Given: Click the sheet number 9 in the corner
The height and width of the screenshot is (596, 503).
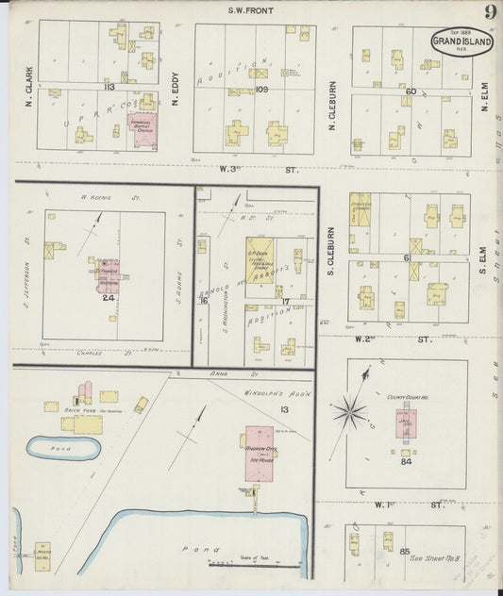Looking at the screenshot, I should [x=491, y=12].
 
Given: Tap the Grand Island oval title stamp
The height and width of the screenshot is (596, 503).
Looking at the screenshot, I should [x=461, y=41].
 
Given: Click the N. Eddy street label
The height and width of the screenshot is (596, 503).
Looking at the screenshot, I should [x=177, y=84].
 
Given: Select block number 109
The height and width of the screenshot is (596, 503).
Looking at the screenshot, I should [x=262, y=89].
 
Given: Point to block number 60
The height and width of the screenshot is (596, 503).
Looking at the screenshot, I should [x=411, y=91].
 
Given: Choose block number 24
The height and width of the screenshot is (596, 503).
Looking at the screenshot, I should [x=108, y=297].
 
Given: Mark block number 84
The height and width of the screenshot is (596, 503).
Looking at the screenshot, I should [x=407, y=461].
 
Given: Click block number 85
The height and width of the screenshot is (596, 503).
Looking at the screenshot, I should [x=404, y=550].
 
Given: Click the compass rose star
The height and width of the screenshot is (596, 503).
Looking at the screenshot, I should [x=350, y=410].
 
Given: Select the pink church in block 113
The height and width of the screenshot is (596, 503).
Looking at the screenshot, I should [x=144, y=129].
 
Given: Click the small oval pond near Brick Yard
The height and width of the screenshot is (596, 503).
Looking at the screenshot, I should [x=62, y=448].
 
